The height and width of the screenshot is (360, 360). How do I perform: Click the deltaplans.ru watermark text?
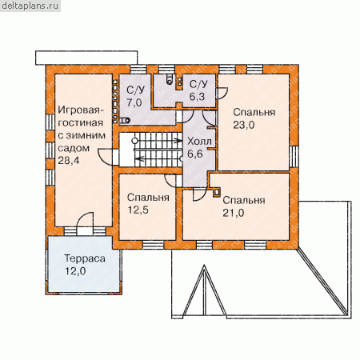pyautogui.click(x=30, y=6)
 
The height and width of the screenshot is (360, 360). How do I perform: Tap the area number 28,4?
pyautogui.click(x=69, y=161)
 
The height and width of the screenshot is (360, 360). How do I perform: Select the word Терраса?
pyautogui.click(x=85, y=258)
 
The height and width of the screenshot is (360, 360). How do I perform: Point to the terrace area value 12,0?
pyautogui.click(x=75, y=271)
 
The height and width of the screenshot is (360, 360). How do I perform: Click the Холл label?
pyautogui.click(x=199, y=142)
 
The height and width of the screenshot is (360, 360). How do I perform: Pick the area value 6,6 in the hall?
pyautogui.click(x=195, y=154)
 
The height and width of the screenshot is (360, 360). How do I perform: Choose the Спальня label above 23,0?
pyautogui.click(x=254, y=112)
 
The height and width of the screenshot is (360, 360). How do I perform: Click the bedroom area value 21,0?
pyautogui.click(x=234, y=213)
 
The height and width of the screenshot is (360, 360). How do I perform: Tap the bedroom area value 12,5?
pyautogui.click(x=138, y=210)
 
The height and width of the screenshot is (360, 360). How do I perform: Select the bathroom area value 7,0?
pyautogui.click(x=134, y=102)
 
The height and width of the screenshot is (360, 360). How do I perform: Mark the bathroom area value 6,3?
pyautogui.click(x=197, y=97)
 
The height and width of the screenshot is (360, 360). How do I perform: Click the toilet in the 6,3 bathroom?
pyautogui.click(x=170, y=79)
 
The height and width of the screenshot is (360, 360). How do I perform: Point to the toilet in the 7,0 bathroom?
pyautogui.click(x=124, y=121)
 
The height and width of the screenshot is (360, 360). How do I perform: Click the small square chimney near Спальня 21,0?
pyautogui.click(x=217, y=193)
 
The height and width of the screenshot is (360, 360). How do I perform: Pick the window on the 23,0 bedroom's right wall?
pyautogui.click(x=294, y=157)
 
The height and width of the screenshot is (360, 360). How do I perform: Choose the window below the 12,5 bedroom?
pyautogui.click(x=153, y=245)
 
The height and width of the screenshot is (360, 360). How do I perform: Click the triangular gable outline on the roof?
pyautogui.click(x=205, y=290)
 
